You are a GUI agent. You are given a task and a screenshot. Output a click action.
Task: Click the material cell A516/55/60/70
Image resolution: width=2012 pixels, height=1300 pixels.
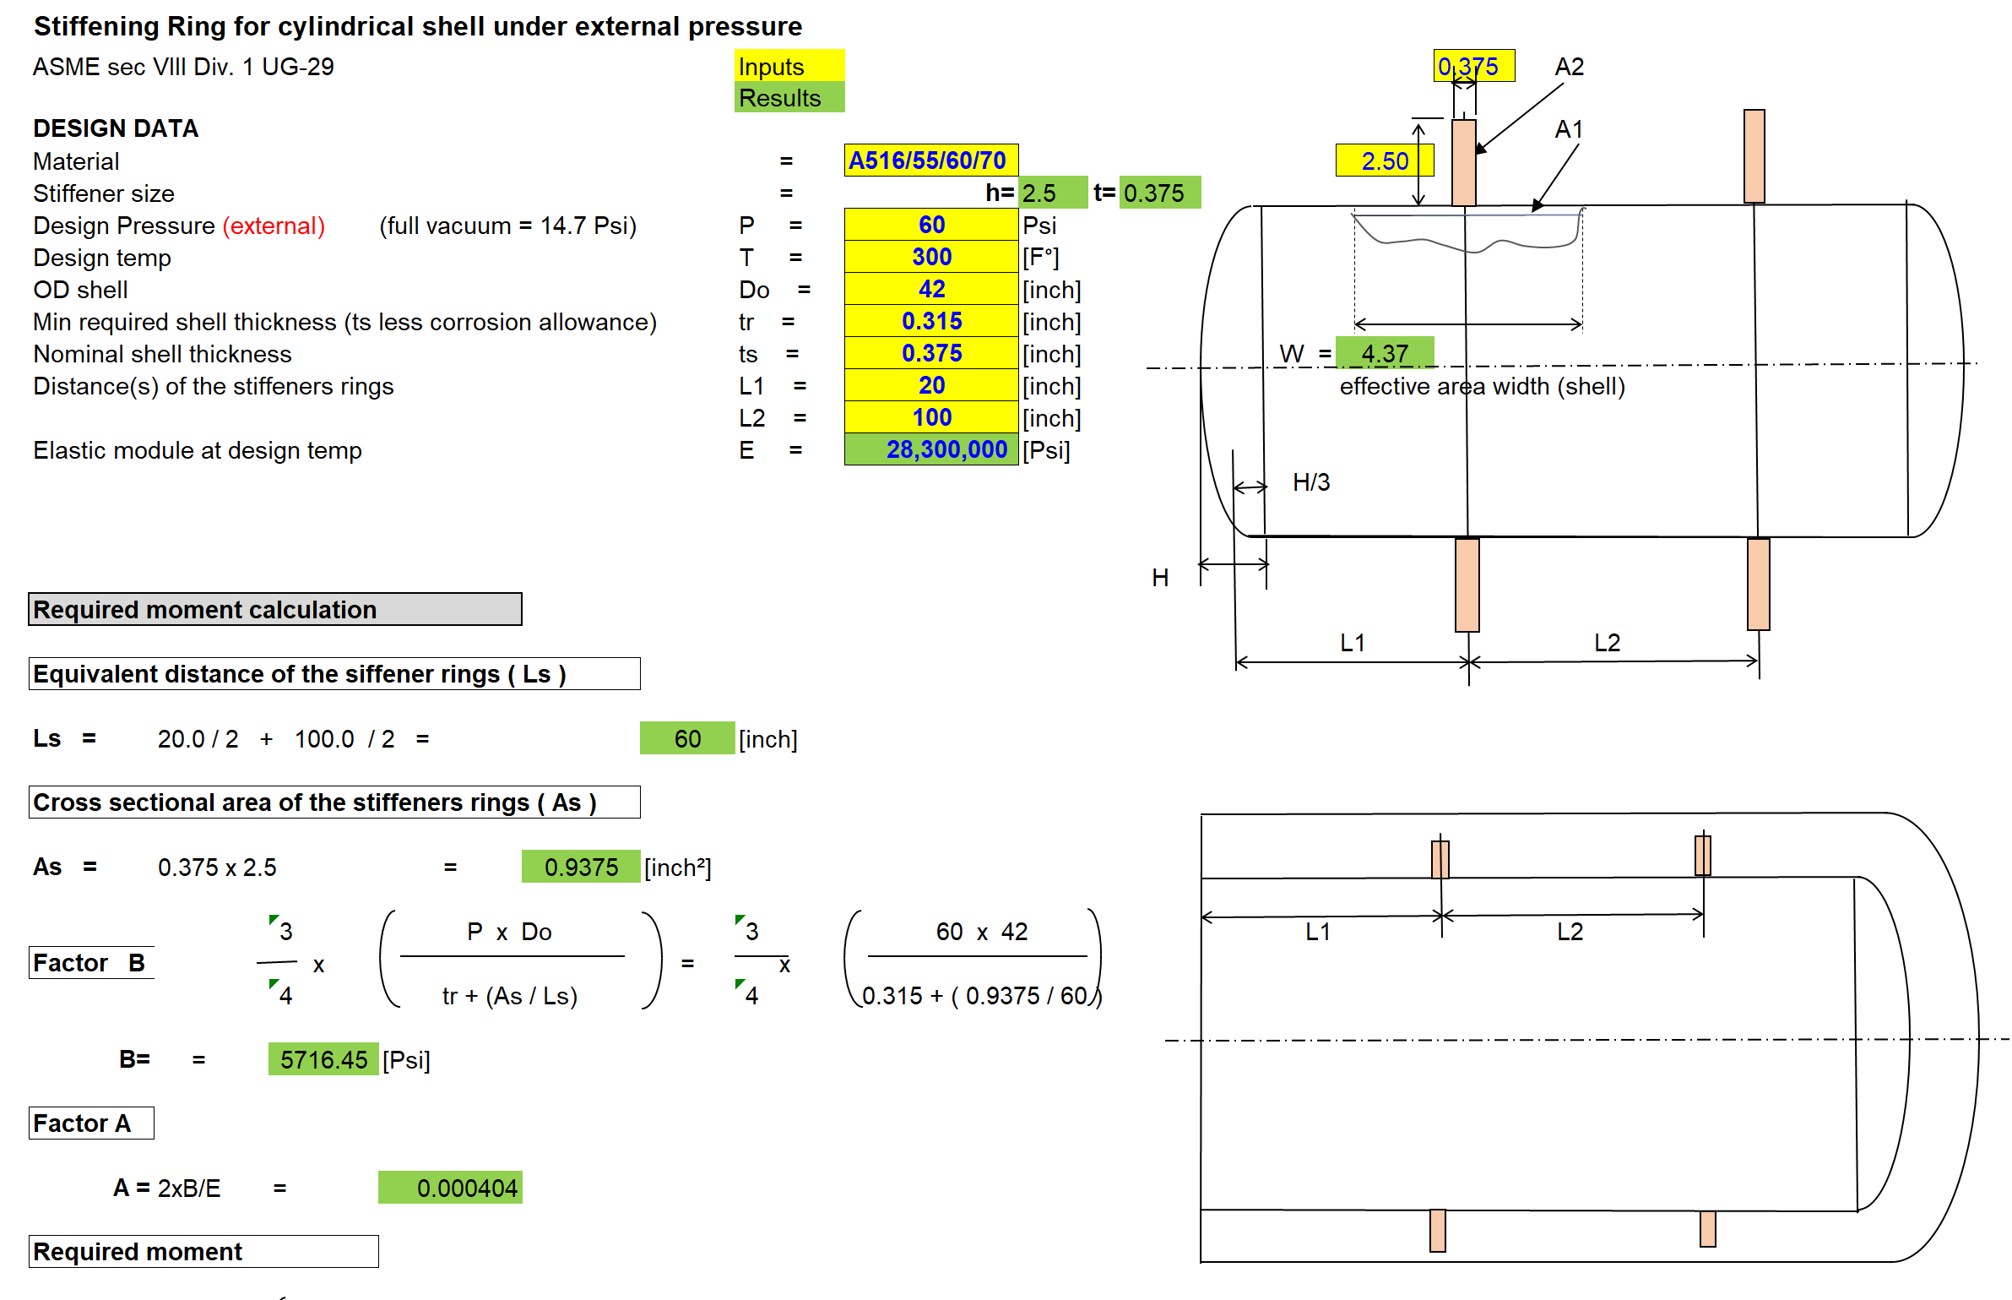pos(930,160)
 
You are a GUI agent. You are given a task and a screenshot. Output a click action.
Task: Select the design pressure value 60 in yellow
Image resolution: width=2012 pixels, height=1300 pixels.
pos(931,225)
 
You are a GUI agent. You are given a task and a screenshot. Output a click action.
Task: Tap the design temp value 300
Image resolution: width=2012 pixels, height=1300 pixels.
pos(931,257)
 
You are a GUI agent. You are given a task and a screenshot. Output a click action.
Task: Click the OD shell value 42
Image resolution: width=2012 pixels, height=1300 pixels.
pos(931,289)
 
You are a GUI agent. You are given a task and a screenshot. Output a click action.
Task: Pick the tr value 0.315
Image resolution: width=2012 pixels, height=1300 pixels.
pos(931,321)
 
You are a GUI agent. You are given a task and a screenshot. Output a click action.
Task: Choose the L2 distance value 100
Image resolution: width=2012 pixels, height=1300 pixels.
pos(931,417)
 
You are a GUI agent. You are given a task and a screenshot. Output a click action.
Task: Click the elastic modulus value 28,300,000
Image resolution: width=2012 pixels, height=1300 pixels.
pos(931,449)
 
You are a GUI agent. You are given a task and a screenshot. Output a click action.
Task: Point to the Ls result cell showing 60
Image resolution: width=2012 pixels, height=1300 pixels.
pos(687,739)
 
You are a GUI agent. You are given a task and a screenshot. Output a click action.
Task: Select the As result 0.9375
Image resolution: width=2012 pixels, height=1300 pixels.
pos(581,868)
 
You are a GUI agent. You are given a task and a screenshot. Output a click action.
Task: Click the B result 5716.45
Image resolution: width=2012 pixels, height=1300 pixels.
pos(323,1060)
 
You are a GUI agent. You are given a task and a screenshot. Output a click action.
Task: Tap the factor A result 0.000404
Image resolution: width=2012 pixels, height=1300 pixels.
pos(451,1188)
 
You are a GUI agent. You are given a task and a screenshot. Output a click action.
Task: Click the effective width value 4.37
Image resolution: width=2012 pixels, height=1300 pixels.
pos(1385,353)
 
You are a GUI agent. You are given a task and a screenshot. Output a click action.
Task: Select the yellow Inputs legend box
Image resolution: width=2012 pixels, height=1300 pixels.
pos(789,66)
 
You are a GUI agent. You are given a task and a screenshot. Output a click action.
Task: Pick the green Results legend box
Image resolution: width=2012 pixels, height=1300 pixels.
pos(789,98)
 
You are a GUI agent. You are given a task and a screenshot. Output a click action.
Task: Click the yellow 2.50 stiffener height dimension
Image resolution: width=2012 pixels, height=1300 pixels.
pos(1384,160)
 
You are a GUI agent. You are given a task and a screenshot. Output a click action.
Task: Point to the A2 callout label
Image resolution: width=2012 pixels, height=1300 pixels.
pos(1569,67)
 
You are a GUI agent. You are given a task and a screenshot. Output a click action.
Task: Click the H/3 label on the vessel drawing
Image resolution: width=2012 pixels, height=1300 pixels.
pos(1311,482)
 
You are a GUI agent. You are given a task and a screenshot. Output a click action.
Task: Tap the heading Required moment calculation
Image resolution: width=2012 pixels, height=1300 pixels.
pos(274,610)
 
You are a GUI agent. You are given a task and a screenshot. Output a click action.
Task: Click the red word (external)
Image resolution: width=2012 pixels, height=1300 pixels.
pos(274,226)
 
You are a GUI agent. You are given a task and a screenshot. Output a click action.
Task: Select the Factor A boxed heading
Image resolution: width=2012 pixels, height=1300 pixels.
pos(91,1123)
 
